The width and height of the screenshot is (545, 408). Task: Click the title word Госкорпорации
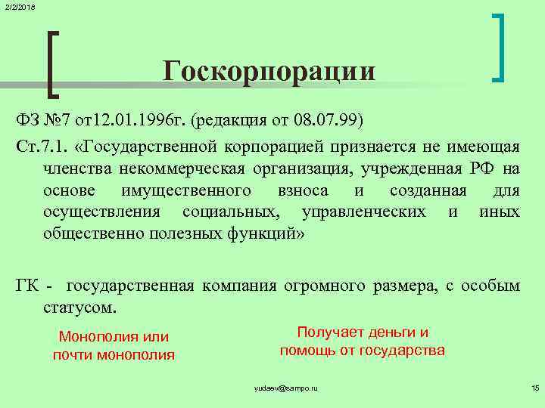pyautogui.click(x=269, y=71)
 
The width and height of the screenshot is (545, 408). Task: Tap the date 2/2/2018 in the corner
pyautogui.click(x=17, y=7)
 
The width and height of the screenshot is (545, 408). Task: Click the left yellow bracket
pyautogui.click(x=52, y=64)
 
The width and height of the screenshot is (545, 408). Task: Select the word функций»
pyautogui.click(x=262, y=233)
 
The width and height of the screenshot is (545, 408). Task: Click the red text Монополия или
pyautogui.click(x=114, y=337)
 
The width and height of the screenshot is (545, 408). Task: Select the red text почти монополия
pyautogui.click(x=114, y=354)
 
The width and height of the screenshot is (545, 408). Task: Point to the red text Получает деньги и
pyautogui.click(x=363, y=332)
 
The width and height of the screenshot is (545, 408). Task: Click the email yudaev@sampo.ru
pyautogui.click(x=285, y=388)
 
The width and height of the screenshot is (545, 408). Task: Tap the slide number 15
pyautogui.click(x=534, y=388)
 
